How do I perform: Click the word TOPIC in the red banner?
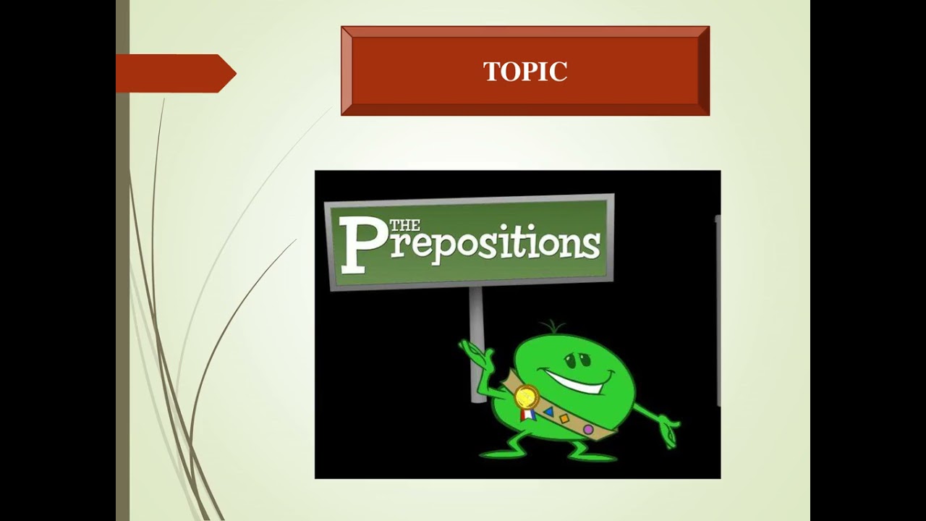tap(525, 72)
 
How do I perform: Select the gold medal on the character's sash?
tap(526, 397)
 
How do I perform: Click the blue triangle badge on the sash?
tap(548, 412)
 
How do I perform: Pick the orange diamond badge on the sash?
tap(564, 418)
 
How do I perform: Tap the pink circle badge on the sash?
tap(588, 430)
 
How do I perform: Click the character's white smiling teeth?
tap(575, 381)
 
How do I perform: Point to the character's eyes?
tap(572, 357)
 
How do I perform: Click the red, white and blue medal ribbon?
tap(526, 415)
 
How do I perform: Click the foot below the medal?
tap(499, 452)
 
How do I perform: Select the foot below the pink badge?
tap(590, 454)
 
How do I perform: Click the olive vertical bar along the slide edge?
tap(122, 289)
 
